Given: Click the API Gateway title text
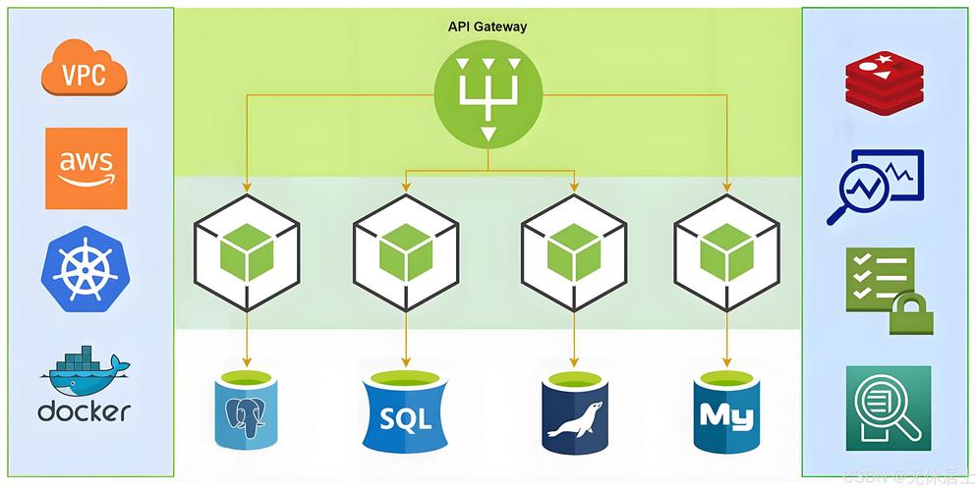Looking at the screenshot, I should (488, 27).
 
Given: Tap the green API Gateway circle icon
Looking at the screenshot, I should (488, 97).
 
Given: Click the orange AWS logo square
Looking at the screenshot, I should (86, 168).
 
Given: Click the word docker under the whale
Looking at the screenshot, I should (85, 410).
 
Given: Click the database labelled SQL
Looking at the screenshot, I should (406, 411).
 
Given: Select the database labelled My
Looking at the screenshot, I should (727, 410).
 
